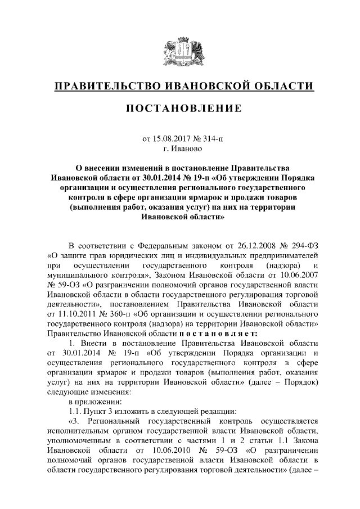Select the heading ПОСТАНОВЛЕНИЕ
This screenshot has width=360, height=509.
180,108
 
